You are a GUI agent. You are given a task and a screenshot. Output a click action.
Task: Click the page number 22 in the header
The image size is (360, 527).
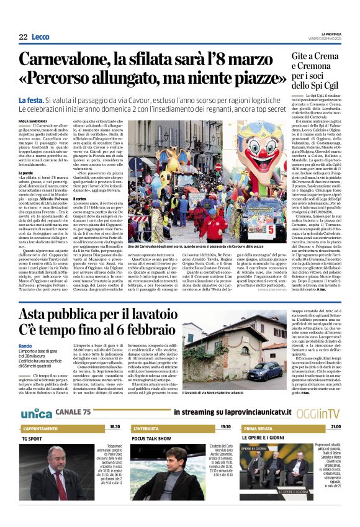tap(23, 37)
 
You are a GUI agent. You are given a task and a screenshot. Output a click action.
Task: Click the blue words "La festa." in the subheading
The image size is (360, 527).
tap(31, 100)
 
